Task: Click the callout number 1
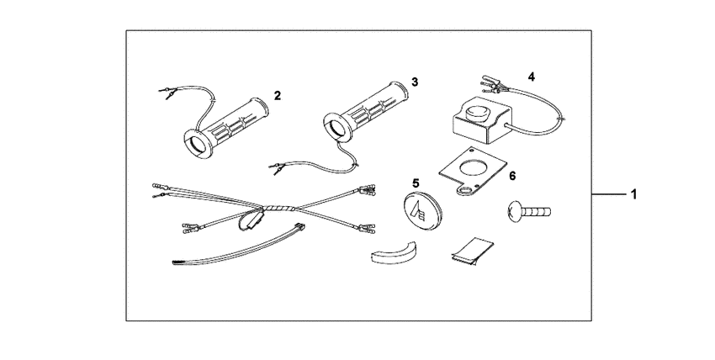(x=634, y=195)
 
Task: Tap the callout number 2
(x=277, y=94)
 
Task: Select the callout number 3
(x=415, y=82)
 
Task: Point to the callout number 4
(x=531, y=77)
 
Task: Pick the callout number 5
(x=416, y=183)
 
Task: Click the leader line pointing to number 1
(x=609, y=195)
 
